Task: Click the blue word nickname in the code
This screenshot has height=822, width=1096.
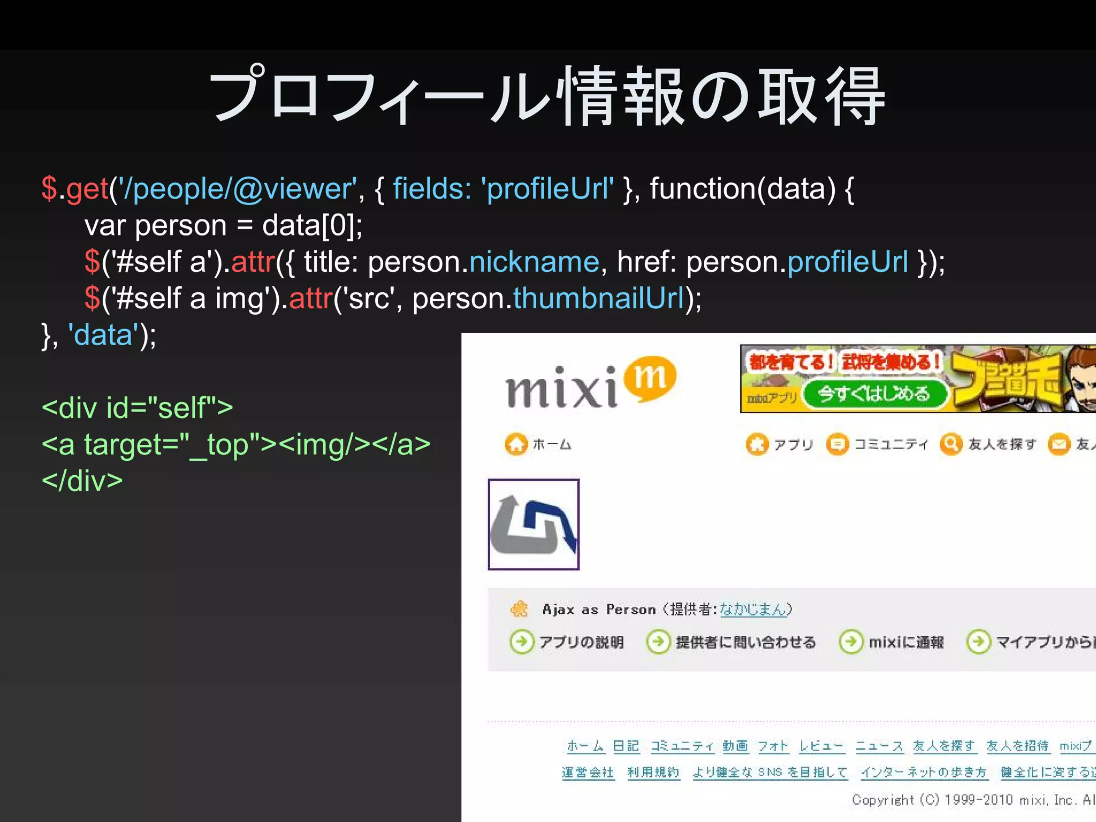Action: pos(534,262)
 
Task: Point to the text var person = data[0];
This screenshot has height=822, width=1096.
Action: pos(223,225)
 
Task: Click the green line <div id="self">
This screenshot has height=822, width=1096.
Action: pos(138,408)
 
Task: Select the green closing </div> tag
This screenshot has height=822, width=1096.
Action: pos(82,481)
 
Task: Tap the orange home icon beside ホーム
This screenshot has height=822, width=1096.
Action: pos(516,444)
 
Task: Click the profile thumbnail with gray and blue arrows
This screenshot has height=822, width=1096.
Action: pos(534,524)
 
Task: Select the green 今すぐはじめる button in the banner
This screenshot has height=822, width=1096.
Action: pos(874,394)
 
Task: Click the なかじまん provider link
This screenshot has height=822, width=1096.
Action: pos(753,609)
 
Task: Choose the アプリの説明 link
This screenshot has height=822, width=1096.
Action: pos(581,642)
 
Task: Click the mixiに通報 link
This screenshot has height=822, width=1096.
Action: pos(906,642)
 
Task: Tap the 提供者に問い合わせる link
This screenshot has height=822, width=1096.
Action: pos(745,642)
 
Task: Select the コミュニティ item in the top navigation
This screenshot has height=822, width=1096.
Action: pos(890,444)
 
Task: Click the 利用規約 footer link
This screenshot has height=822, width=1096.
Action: pos(653,772)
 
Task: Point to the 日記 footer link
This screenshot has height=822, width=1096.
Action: pos(626,746)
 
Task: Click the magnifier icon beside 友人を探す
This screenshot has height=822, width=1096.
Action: pos(951,444)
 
